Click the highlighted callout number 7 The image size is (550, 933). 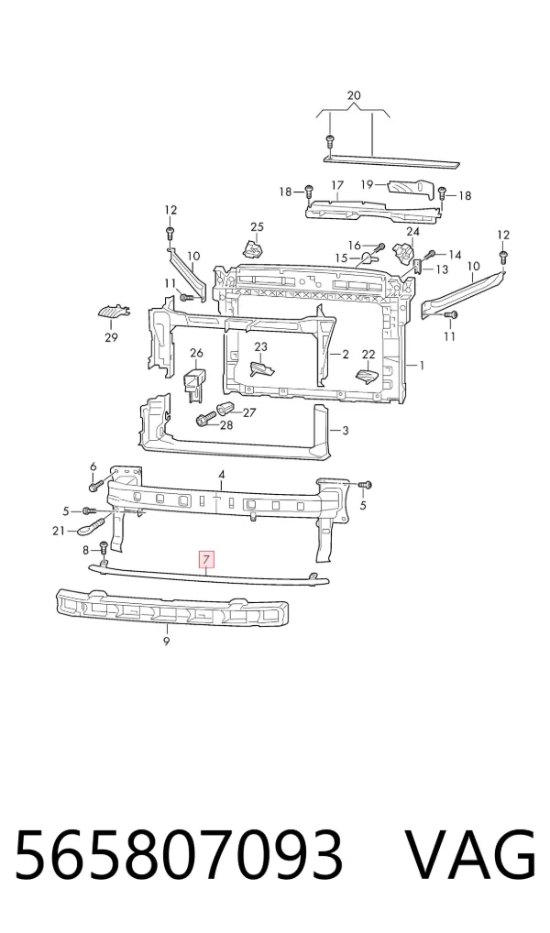(206, 559)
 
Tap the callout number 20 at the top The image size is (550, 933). (354, 95)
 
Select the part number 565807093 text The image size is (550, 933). (179, 856)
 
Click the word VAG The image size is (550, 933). (469, 856)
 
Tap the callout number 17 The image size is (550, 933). (337, 185)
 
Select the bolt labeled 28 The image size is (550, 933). (203, 421)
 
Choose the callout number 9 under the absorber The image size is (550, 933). (166, 642)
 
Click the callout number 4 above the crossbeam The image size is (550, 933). (222, 474)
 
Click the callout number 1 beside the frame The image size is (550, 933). (422, 365)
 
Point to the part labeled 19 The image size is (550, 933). (412, 189)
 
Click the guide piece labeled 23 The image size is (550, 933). (262, 369)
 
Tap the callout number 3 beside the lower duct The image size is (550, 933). (346, 430)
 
